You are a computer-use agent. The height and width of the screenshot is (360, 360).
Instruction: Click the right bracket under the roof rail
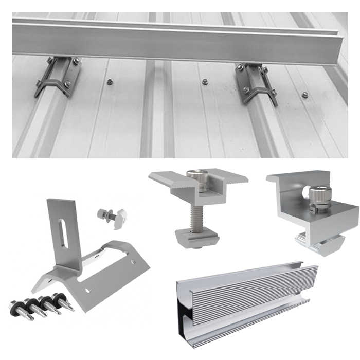pos(255,82)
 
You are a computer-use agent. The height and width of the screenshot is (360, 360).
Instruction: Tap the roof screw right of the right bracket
pos(305,95)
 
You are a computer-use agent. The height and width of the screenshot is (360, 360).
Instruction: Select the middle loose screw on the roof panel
pos(205,82)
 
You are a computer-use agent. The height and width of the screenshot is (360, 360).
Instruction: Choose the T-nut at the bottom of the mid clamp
pos(197,238)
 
